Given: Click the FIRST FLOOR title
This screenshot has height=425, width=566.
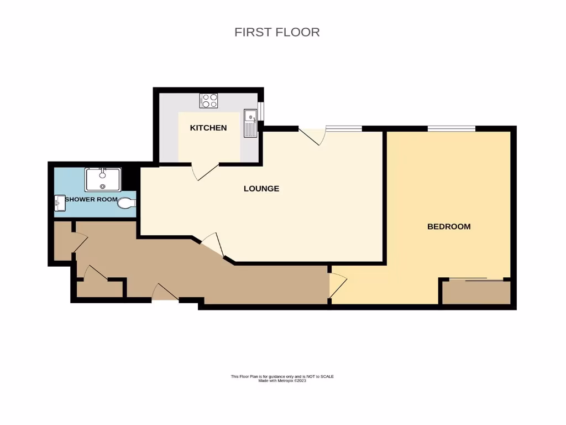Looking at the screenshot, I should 277,32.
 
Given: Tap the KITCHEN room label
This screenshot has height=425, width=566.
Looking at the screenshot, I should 208,128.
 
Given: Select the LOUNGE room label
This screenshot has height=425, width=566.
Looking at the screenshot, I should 261,189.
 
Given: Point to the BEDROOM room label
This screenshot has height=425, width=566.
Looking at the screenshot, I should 449,226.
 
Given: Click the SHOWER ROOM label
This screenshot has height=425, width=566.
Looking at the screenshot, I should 91,199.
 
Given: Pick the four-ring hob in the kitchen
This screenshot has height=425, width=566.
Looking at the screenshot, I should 209,101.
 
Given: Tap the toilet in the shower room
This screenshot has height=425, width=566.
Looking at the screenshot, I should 127,203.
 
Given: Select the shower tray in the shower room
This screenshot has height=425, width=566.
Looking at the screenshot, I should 103,179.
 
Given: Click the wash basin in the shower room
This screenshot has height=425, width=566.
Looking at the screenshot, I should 60,203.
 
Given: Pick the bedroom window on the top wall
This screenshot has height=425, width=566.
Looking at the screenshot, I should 452,129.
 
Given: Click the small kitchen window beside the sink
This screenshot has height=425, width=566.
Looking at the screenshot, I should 261,111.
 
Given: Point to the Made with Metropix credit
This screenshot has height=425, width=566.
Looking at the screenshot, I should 282,381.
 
